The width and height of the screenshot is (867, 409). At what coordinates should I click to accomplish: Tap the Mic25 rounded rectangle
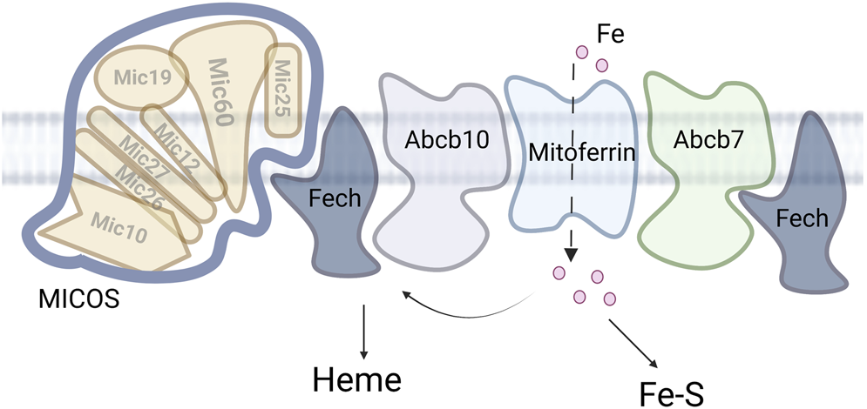(x=282, y=91)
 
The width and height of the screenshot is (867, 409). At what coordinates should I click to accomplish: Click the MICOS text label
(x=78, y=300)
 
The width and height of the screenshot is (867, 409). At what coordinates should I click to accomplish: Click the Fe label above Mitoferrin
(x=609, y=35)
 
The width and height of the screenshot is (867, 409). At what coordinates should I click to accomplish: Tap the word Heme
(x=357, y=380)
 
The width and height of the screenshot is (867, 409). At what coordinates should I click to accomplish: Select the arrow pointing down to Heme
(x=364, y=332)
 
